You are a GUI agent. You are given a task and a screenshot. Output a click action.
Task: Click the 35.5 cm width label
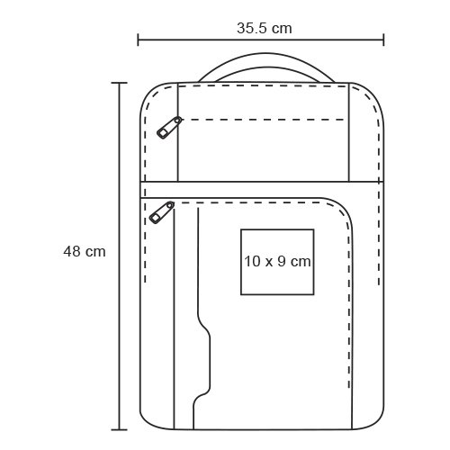pos(265,29)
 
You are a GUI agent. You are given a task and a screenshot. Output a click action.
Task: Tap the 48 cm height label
pos(85,251)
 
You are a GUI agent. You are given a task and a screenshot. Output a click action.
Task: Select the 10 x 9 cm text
pos(277,261)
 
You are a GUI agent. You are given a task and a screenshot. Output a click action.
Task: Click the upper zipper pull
pos(169,128)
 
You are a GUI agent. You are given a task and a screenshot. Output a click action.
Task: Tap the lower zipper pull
pos(162,212)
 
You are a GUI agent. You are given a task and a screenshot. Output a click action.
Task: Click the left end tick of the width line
pos(138,40)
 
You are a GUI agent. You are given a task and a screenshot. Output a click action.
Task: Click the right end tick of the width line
pos(383,40)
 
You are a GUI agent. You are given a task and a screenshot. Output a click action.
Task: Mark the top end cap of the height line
pos(119,83)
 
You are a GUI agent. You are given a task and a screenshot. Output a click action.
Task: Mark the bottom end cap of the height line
pos(119,430)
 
